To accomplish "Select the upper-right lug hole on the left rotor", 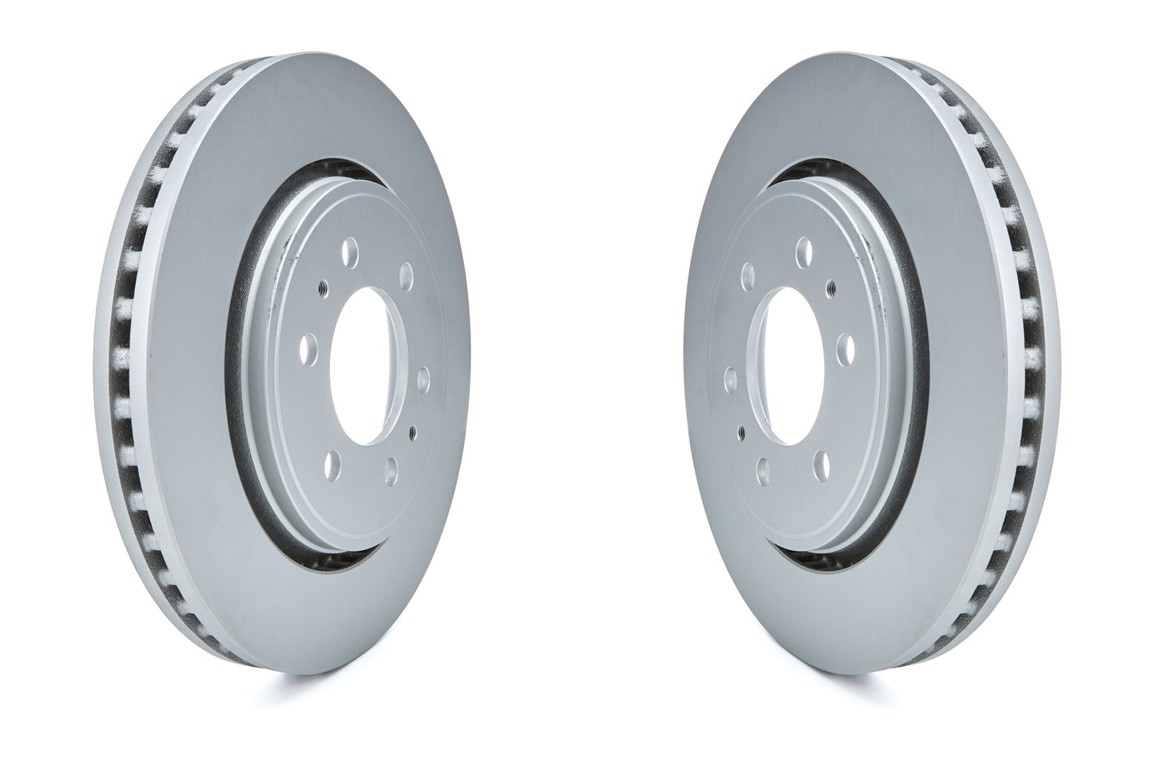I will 405,278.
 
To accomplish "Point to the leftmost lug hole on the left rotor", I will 308,348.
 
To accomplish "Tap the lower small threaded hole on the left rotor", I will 412,432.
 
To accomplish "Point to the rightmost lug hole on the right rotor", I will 845,348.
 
